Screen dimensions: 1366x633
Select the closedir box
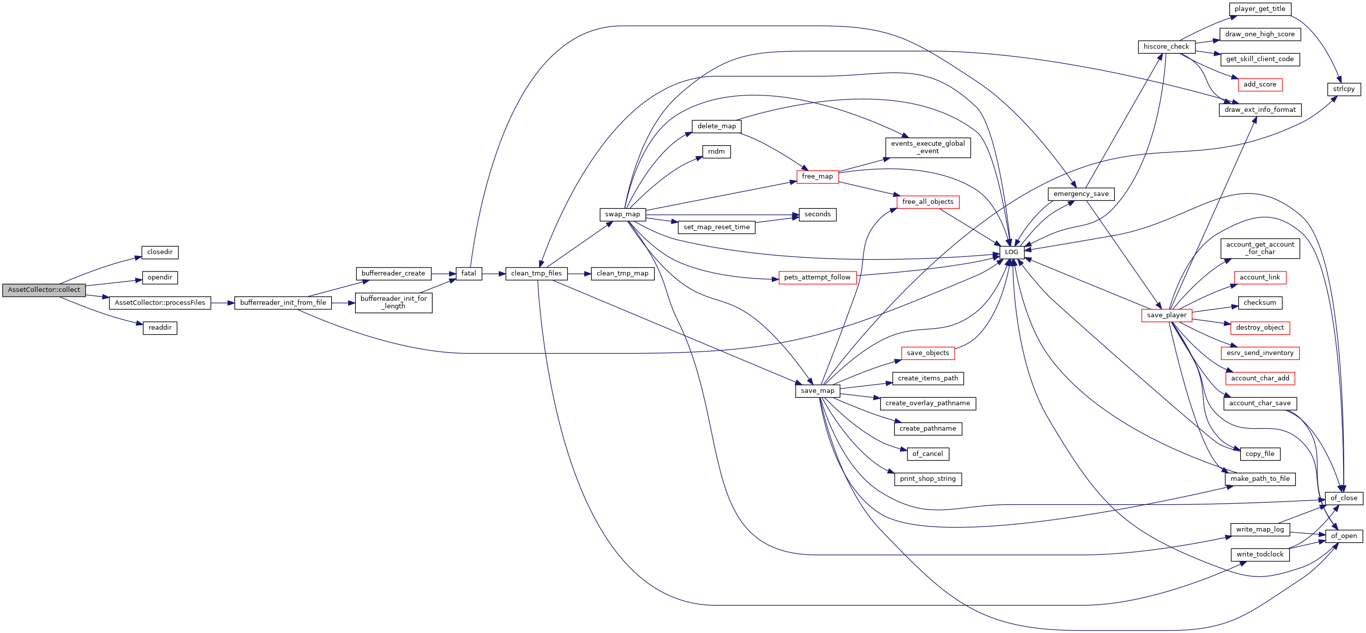[160, 252]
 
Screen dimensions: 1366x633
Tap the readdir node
[160, 328]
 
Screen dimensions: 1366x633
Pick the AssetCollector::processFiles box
[160, 303]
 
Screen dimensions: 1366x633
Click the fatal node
[469, 273]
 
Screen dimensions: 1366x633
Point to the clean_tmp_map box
[623, 273]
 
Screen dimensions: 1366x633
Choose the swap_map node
[623, 215]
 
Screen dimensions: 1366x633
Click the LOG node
[1012, 252]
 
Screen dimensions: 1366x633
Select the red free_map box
[817, 177]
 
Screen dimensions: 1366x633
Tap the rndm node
[717, 152]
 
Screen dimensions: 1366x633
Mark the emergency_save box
[1081, 194]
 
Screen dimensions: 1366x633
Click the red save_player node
[1167, 315]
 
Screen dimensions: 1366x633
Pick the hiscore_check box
[1167, 47]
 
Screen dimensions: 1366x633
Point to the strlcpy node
[1344, 89]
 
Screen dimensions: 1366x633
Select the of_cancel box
[927, 454]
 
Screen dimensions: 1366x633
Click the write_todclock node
[1260, 554]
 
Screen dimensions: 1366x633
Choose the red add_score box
[1260, 85]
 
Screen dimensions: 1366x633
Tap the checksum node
[1260, 303]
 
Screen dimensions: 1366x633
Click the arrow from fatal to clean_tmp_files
[494, 274]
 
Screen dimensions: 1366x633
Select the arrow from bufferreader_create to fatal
[443, 274]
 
